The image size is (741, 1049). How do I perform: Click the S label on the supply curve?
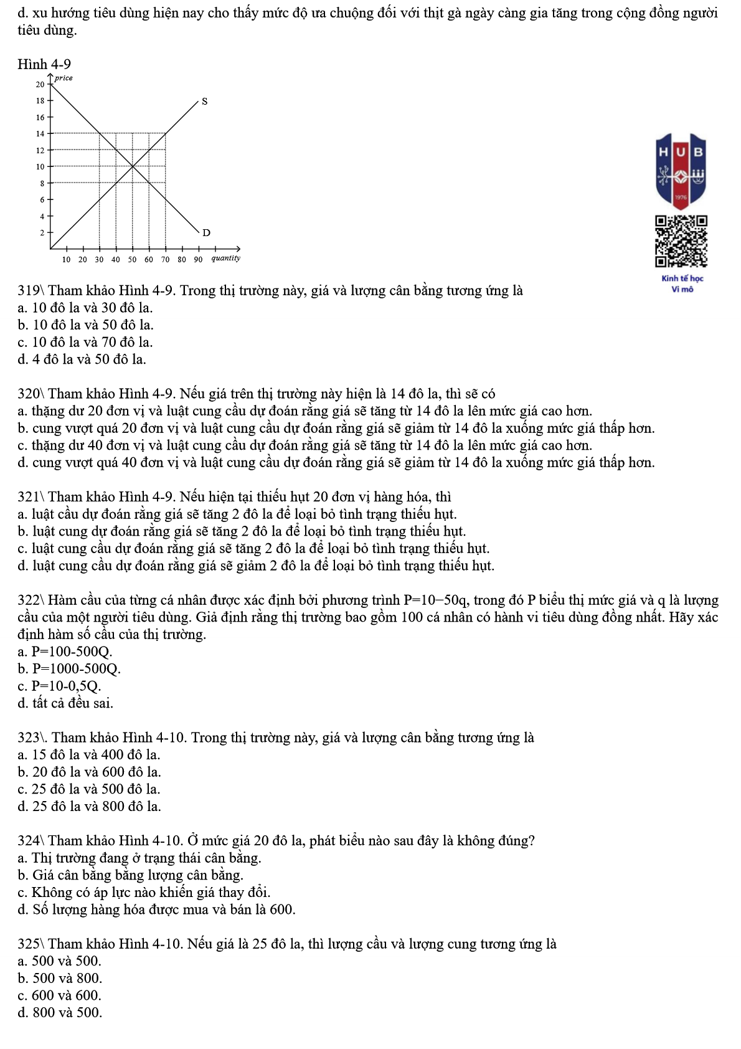204,101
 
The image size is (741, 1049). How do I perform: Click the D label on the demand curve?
207,232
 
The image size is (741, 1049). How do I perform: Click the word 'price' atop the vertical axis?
64,78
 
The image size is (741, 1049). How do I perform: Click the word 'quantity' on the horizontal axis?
225,258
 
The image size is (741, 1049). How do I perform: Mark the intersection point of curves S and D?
133,166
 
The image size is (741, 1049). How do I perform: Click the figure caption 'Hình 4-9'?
44,64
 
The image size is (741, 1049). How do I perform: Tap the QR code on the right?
681,241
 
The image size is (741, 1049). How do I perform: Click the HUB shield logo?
681,169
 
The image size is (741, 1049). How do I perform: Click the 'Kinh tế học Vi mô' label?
682,283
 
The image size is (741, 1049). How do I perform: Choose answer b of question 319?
86,325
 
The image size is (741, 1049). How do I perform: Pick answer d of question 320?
336,463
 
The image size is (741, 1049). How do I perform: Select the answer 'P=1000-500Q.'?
76,669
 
